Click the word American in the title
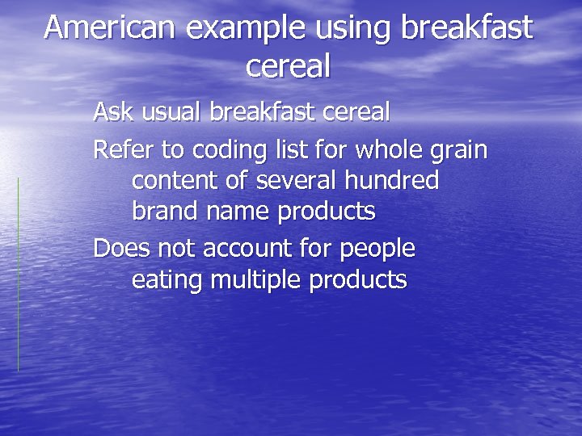coord(109,27)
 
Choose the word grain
coord(459,151)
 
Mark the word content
coord(175,181)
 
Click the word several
coord(289,181)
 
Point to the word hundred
coord(395,181)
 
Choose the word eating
coord(167,280)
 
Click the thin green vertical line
coord(18,275)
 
